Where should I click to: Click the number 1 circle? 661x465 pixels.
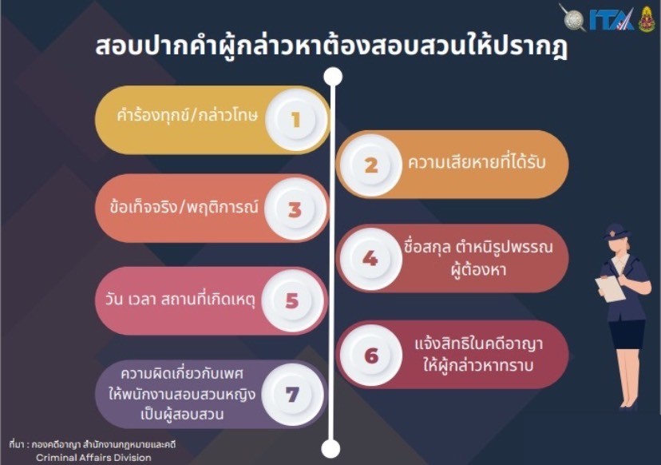pos(296,119)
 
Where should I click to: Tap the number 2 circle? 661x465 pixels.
pos(371,165)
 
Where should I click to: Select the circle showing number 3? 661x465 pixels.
pos(295,209)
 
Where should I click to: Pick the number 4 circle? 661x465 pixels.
pos(370,259)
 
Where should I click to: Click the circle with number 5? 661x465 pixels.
pos(292,301)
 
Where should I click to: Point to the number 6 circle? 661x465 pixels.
pos(371,356)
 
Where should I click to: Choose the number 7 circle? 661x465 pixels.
pos(292,395)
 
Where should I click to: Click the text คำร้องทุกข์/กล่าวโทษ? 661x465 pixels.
pos(187,116)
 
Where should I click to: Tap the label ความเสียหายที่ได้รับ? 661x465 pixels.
pos(477,161)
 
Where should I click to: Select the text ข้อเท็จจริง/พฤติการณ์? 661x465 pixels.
pos(184,207)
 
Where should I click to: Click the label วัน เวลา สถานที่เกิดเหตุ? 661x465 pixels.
pos(180,300)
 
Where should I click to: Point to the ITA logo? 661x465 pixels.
pos(612,19)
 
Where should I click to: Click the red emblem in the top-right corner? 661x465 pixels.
pos(647,19)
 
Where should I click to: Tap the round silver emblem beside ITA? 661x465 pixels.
pos(573,18)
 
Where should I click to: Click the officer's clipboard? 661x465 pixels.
pos(611,288)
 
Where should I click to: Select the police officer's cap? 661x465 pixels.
pos(616,232)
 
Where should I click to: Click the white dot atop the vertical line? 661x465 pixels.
pos(333,77)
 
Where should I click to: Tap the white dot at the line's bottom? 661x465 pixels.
pos(330,448)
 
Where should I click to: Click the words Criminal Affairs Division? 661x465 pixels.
pos(93,457)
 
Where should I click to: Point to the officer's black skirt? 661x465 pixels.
pos(627,334)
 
